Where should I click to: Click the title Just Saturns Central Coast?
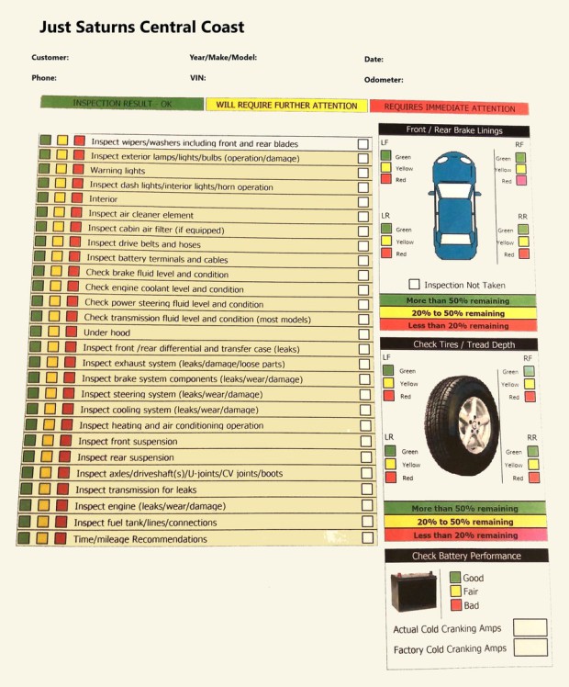pos(141,27)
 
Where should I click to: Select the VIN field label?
pos(197,78)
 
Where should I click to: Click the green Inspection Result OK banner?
pos(121,104)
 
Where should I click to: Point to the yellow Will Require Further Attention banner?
pos(286,106)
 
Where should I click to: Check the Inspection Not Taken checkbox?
pos(414,285)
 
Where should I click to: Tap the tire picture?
pos(461,417)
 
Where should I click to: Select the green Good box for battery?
pos(455,578)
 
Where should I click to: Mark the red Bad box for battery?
pos(455,605)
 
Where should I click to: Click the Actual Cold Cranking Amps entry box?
pos(530,627)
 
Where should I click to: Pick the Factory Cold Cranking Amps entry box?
pos(530,648)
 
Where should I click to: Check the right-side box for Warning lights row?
pos(363,173)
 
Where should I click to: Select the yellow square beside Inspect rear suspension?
pos(45,456)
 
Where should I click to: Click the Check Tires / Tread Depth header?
pos(463,344)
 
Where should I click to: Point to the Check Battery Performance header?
pos(466,556)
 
